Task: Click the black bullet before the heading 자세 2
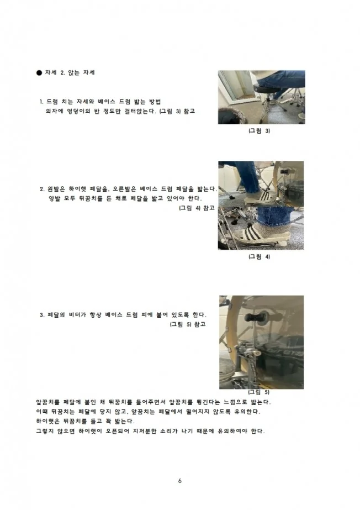tap(39, 73)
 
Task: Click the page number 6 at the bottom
tap(180, 480)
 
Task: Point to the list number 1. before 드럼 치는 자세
tap(42, 102)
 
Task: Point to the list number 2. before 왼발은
tap(42, 188)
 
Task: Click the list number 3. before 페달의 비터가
tap(42, 315)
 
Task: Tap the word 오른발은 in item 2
tap(125, 188)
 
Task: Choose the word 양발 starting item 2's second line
tap(56, 198)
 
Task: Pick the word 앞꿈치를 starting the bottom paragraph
tap(47, 402)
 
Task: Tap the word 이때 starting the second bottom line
tap(41, 412)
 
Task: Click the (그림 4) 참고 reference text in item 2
tap(197, 208)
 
